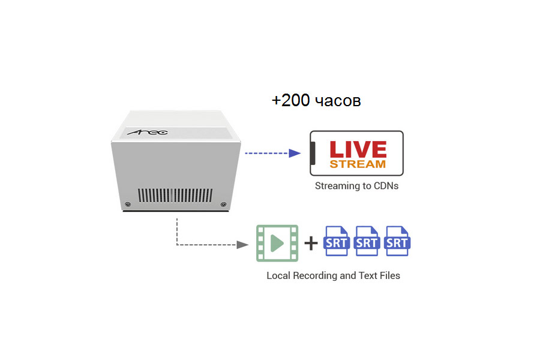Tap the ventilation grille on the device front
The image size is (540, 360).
(x=175, y=196)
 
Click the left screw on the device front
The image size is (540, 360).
(x=128, y=205)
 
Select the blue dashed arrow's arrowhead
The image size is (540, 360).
(x=295, y=153)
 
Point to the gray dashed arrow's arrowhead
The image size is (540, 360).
(x=243, y=245)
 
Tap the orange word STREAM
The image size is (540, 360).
(x=358, y=164)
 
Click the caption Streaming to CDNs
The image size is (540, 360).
(x=356, y=186)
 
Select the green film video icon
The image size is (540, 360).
(x=277, y=243)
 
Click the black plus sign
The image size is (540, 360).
(x=310, y=243)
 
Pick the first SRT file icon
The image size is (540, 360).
(x=336, y=241)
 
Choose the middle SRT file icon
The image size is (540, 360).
(x=367, y=241)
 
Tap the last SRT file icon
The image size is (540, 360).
(x=397, y=241)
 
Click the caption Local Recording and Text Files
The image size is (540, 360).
(x=333, y=276)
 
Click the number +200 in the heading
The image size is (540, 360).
(x=290, y=101)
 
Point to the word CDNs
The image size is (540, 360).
(x=385, y=186)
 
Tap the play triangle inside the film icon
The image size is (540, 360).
(x=277, y=243)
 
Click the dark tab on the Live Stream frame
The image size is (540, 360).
(x=313, y=154)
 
